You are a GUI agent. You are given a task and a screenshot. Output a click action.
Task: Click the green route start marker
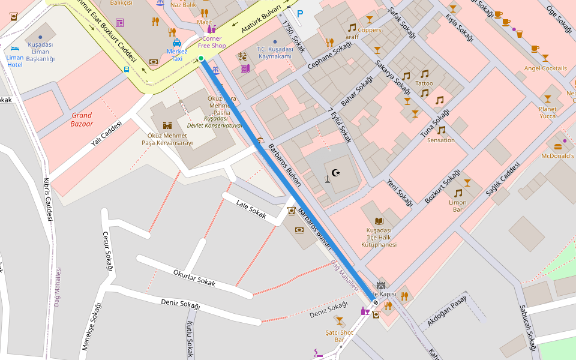[x=201, y=58]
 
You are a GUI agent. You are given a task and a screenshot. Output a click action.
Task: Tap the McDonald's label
[x=557, y=156]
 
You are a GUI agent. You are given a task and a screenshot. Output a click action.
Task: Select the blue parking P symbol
[x=300, y=13]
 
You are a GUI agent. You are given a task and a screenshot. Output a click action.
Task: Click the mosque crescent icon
[x=335, y=173]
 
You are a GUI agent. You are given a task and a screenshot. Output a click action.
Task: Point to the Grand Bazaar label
[x=82, y=119]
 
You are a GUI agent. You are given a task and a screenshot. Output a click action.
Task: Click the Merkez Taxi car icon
[x=177, y=43]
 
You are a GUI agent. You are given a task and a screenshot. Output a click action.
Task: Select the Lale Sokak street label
[x=251, y=209]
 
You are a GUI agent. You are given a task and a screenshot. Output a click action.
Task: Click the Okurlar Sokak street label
[x=194, y=278]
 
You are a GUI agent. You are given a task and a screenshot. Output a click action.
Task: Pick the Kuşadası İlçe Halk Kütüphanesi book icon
[x=379, y=221]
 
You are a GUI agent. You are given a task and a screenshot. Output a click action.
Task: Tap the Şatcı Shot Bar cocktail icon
[x=340, y=321]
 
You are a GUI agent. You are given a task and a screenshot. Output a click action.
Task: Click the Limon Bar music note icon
[x=458, y=193]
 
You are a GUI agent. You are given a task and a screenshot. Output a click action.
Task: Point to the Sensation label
[x=440, y=140]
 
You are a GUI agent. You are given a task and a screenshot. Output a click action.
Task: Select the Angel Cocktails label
[x=545, y=68]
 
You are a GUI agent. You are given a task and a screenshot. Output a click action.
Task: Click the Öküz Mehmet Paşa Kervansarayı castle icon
[x=167, y=125]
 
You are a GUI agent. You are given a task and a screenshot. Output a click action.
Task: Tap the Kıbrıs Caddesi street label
[x=48, y=199]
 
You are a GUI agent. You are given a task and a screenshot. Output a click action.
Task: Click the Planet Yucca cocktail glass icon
[x=547, y=99]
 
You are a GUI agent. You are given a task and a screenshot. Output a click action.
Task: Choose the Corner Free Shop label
[x=211, y=42]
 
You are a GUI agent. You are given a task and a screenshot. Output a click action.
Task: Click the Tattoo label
[x=424, y=83]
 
